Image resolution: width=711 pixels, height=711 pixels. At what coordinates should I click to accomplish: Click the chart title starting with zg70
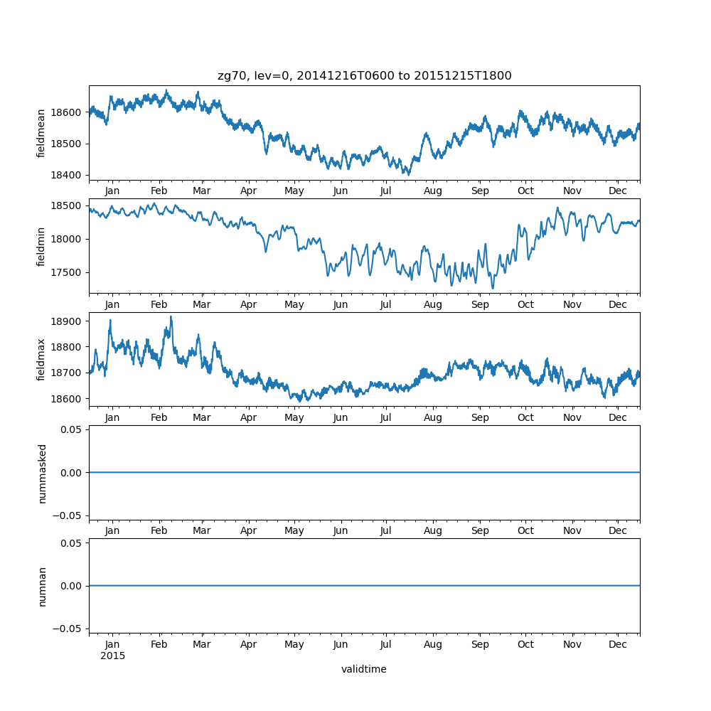[364, 76]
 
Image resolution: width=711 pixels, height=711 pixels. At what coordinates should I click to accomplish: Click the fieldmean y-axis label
[41, 133]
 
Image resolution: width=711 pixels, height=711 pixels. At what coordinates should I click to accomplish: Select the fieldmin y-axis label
[41, 247]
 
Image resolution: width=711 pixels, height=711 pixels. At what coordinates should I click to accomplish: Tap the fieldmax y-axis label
[41, 360]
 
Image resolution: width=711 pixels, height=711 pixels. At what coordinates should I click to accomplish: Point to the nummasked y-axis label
[42, 474]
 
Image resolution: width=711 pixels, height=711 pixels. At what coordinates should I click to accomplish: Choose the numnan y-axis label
[42, 587]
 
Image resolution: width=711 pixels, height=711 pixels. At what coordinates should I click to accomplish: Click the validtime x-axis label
[364, 669]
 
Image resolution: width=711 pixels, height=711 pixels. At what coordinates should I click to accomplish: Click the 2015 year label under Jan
[112, 656]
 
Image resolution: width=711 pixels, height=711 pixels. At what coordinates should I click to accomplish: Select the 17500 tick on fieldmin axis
[68, 272]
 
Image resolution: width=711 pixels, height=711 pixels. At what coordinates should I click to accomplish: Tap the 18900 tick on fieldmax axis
[68, 321]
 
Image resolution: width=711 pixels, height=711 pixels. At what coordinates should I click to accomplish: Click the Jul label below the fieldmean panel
[386, 191]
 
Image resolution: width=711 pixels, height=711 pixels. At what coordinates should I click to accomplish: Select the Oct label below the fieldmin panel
[525, 304]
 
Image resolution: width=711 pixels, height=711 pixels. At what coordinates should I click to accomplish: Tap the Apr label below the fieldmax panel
[248, 417]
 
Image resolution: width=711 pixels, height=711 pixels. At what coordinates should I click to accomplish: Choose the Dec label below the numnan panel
[618, 644]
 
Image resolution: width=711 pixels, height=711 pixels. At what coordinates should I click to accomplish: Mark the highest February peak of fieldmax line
[171, 316]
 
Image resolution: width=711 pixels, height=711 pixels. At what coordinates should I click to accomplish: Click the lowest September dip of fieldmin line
[492, 289]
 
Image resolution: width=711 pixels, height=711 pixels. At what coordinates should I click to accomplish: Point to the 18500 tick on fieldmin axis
[68, 205]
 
